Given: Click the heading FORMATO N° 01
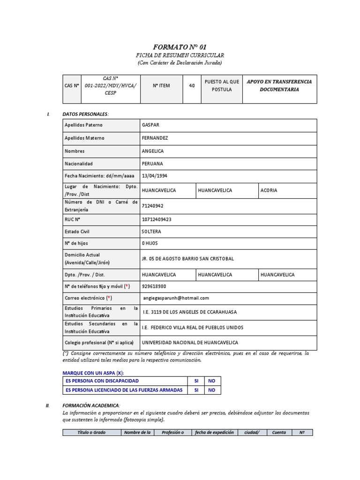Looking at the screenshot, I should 180,47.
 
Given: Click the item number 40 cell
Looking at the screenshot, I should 192,86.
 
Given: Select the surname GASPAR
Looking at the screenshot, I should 150,125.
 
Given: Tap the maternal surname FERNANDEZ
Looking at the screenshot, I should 155,138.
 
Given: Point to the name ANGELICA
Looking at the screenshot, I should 153,151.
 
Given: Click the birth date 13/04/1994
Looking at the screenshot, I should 154,176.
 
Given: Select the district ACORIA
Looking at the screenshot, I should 269,191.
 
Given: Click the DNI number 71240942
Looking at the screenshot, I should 152,206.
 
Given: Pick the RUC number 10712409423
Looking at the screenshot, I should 156,219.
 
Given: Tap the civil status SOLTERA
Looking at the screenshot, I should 151,232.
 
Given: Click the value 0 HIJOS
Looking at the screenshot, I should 150,243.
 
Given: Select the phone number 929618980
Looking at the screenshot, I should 154,286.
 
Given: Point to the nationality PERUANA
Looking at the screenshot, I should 152,164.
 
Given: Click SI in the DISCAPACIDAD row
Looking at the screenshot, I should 196,381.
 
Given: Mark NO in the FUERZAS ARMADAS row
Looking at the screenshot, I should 211,390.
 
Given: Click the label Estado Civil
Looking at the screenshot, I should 77,232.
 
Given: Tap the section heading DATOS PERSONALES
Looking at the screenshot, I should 85,114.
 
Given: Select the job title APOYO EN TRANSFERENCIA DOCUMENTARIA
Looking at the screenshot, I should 279,85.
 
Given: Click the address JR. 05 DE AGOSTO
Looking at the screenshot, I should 187,259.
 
